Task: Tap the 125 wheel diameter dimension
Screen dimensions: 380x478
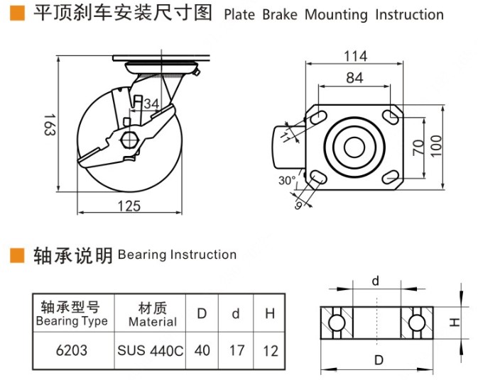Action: (x=129, y=206)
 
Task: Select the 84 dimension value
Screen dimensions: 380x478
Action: (x=355, y=78)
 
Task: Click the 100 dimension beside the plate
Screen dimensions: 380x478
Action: (x=436, y=147)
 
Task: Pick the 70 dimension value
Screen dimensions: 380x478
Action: (x=419, y=147)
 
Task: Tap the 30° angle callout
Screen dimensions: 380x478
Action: (x=287, y=180)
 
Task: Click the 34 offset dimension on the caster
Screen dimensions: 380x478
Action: (x=151, y=104)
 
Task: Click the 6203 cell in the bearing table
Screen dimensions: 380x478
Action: (x=72, y=350)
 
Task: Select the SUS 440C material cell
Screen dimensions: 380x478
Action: (x=150, y=350)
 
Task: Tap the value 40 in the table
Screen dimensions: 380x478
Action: (x=202, y=350)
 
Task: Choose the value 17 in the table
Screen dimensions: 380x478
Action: (x=237, y=350)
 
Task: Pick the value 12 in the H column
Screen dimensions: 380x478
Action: (x=270, y=350)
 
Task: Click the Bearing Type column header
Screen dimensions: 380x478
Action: (x=72, y=313)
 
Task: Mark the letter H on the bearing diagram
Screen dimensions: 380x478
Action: (x=455, y=323)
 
